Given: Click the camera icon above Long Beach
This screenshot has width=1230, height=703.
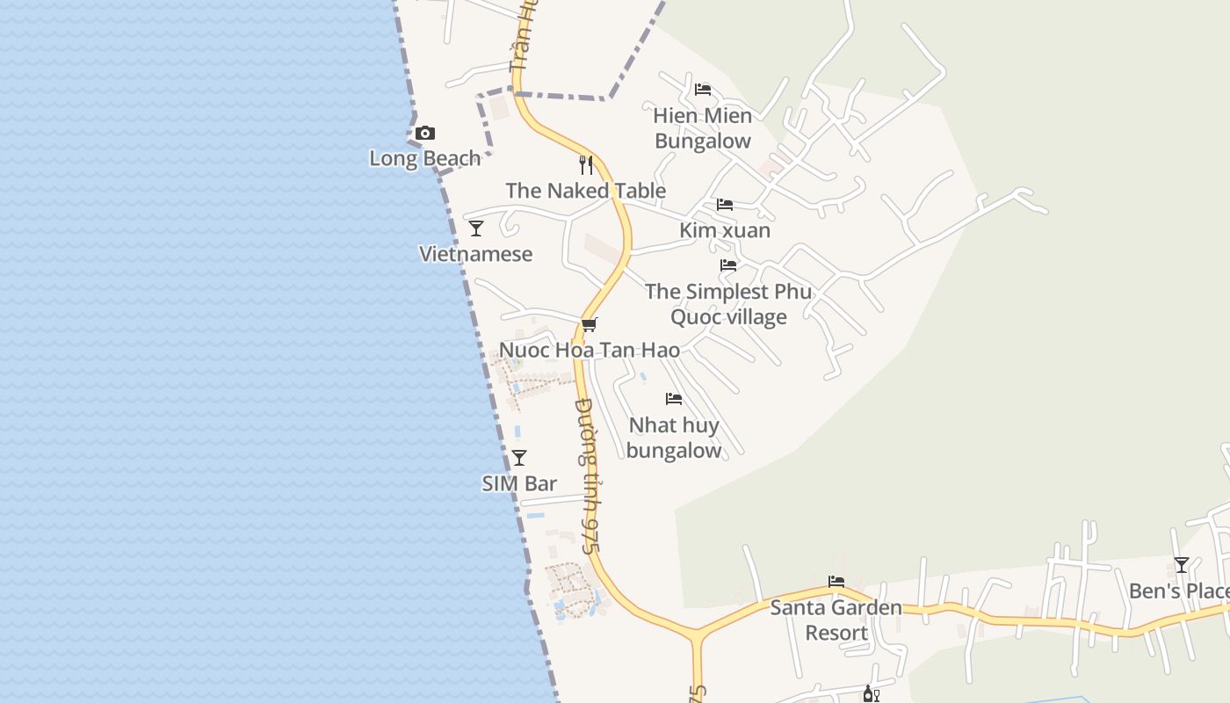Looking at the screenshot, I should click(425, 134).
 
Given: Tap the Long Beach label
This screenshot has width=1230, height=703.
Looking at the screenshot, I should click(425, 159).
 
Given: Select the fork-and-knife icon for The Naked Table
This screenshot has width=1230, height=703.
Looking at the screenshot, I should click(586, 164).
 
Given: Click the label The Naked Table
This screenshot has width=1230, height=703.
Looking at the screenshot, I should click(586, 191).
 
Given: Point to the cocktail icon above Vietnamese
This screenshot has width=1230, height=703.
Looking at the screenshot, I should click(476, 228).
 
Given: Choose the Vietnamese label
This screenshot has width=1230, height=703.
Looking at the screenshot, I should click(476, 255).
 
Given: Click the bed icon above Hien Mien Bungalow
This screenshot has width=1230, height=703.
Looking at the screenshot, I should click(703, 90).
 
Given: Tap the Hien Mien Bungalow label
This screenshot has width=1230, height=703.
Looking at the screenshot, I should click(703, 128).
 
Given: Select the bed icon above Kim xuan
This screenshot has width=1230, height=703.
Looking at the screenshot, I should click(725, 205).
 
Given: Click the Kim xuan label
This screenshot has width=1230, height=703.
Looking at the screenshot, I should click(725, 231).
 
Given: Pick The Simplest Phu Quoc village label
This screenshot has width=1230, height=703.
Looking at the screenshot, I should click(728, 304).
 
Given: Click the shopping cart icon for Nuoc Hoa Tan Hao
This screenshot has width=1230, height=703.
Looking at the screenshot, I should click(590, 324).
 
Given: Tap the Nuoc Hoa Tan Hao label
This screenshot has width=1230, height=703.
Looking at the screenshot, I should click(590, 351).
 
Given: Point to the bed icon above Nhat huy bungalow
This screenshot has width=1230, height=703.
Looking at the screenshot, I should click(674, 399).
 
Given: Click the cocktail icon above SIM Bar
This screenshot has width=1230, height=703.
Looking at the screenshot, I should click(519, 458).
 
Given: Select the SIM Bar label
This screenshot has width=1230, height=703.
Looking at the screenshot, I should click(519, 484).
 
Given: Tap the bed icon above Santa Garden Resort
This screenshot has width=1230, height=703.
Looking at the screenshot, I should click(836, 582).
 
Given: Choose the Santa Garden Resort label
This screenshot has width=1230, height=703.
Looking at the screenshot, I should click(836, 620).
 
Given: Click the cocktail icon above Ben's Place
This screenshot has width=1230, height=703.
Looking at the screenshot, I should click(1182, 565).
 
